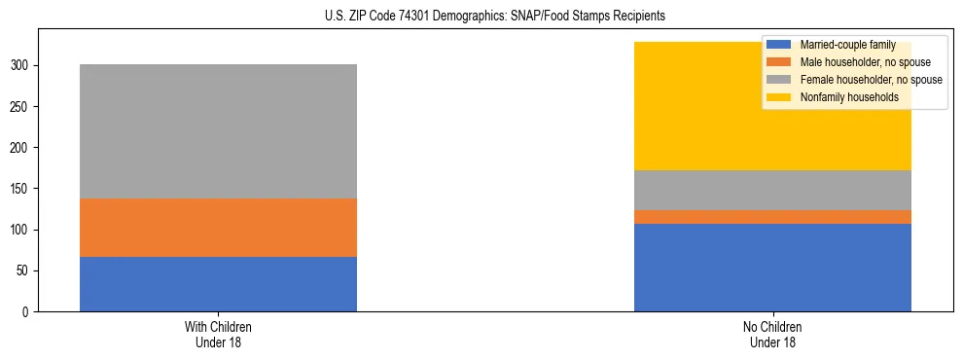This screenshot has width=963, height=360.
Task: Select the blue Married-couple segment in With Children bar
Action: tap(218, 284)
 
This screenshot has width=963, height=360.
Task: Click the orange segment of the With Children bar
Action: tap(218, 228)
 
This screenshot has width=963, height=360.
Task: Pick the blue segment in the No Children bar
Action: tap(772, 268)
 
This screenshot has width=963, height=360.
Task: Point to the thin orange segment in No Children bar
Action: tap(772, 217)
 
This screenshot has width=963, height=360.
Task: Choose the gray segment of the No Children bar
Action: tap(772, 190)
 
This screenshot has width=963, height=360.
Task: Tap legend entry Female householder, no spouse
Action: tap(870, 80)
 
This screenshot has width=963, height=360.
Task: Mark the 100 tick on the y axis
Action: tap(22, 231)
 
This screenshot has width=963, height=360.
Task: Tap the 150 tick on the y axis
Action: tap(22, 189)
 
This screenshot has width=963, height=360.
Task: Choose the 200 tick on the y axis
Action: tap(22, 148)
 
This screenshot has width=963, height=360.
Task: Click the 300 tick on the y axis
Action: tap(22, 66)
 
